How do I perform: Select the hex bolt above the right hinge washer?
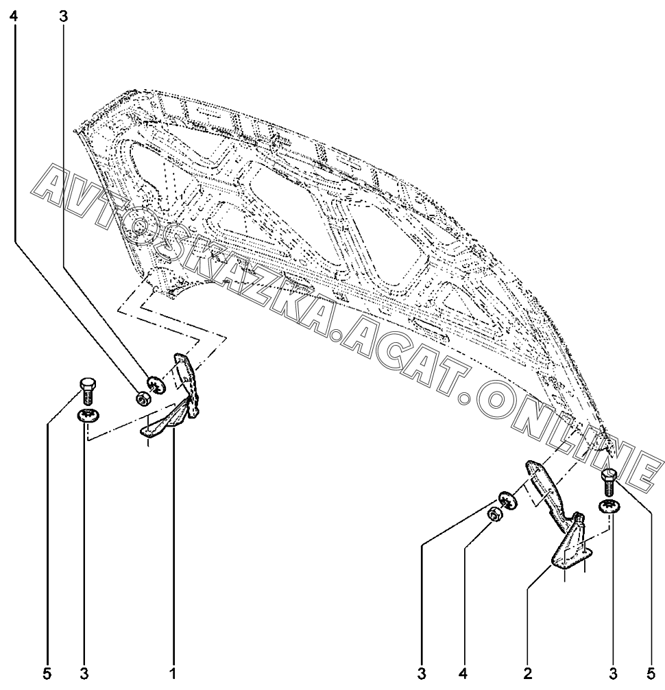click(608, 482)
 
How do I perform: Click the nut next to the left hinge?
click(143, 397)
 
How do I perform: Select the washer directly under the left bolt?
click(87, 415)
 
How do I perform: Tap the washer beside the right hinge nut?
click(507, 499)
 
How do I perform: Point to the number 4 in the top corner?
click(13, 16)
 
